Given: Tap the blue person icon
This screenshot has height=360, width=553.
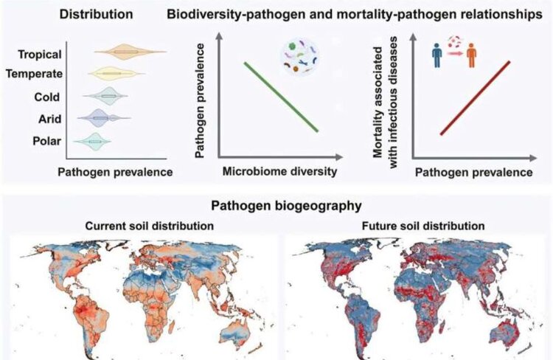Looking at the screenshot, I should (x=437, y=56).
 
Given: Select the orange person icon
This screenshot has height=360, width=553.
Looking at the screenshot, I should (x=470, y=56).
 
